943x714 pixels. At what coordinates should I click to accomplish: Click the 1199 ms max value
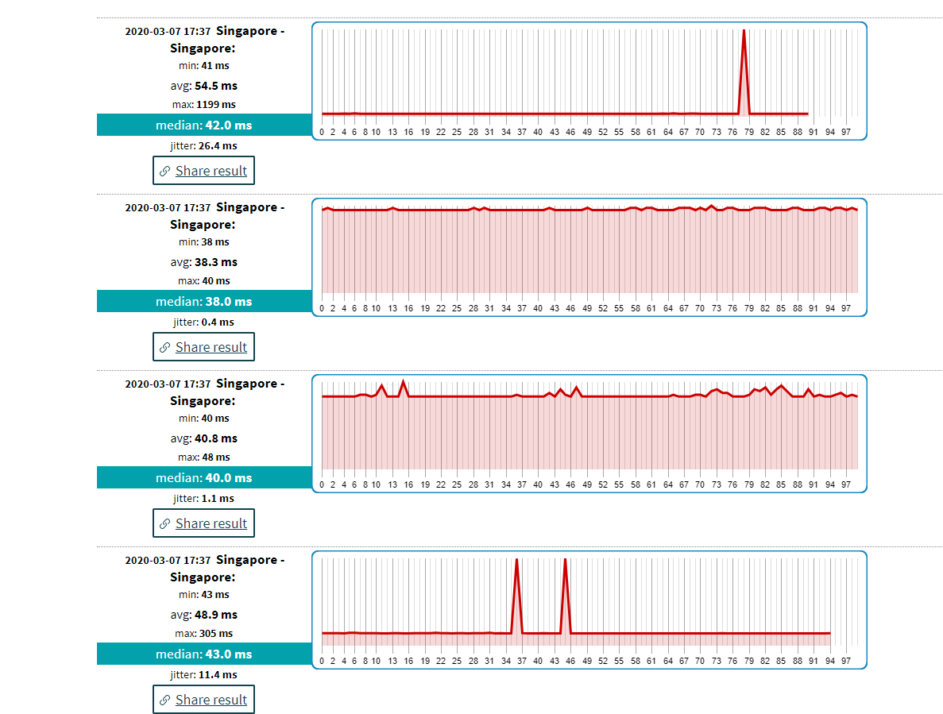[216, 105]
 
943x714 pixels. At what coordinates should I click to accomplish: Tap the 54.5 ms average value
[215, 86]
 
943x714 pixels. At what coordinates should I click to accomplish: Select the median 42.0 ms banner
[203, 125]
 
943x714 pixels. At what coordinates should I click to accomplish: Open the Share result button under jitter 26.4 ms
[203, 171]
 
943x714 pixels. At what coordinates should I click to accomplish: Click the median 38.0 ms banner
[203, 301]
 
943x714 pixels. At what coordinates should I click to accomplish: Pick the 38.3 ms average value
[215, 262]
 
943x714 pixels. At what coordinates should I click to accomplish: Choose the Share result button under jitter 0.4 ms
[203, 347]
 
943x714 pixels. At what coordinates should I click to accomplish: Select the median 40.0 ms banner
[203, 477]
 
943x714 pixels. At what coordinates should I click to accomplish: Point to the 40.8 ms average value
[215, 438]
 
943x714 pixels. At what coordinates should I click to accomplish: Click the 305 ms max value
[215, 634]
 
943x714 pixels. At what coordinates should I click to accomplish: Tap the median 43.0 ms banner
[203, 654]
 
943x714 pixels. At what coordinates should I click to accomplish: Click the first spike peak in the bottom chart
[517, 560]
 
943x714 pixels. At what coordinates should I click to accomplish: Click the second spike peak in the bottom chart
[565, 560]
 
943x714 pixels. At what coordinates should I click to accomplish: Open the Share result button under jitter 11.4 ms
[203, 700]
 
